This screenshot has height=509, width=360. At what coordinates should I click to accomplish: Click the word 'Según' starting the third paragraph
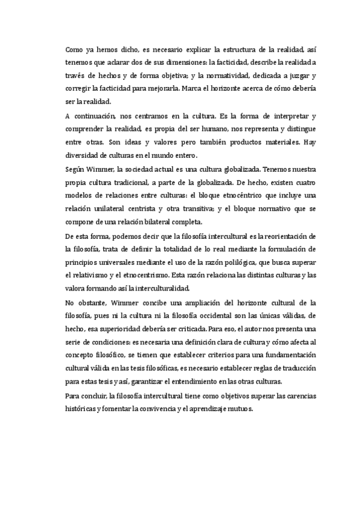pos(76,170)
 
